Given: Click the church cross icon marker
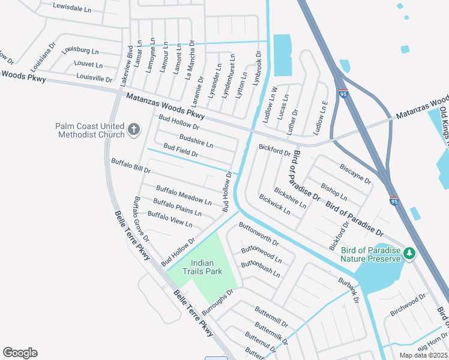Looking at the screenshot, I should tap(133, 129).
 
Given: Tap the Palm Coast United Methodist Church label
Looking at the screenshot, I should tap(89, 130).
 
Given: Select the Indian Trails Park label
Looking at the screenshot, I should tap(206, 267).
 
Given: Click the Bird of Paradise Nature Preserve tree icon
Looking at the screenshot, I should tap(409, 254).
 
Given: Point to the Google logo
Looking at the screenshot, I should tap(20, 353).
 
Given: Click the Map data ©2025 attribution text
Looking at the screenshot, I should tap(423, 355).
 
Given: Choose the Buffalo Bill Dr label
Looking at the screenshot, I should tap(130, 166).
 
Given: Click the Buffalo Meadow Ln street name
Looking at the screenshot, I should tap(184, 195).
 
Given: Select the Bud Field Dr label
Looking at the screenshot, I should tap(181, 150).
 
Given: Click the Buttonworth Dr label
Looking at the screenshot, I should tap(259, 235).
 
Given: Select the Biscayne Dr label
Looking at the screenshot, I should tap(355, 174).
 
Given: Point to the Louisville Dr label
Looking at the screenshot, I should tap(94, 77).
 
